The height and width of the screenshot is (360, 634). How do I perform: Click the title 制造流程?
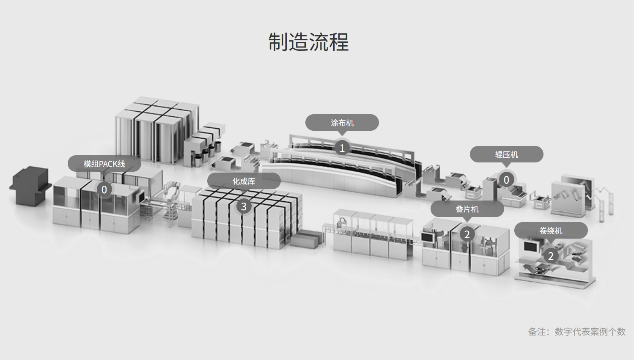(308, 42)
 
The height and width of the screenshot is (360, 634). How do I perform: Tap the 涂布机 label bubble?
(342, 123)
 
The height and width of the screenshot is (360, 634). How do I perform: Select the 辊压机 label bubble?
(506, 154)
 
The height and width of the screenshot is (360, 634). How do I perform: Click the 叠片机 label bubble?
(467, 209)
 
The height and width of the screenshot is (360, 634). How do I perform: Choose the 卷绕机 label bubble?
(551, 231)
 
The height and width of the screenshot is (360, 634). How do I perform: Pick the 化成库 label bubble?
(244, 181)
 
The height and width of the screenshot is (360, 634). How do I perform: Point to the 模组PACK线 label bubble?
(104, 164)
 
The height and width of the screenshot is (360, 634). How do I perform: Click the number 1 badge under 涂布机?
(342, 148)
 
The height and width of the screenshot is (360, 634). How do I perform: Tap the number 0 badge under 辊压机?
(506, 180)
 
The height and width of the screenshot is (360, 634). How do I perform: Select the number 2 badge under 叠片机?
(467, 234)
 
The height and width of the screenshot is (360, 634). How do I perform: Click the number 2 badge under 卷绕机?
(551, 256)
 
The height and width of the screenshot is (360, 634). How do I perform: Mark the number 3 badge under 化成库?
(244, 206)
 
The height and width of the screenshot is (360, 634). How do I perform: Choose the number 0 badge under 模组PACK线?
(104, 190)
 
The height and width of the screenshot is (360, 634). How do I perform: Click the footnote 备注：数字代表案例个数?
(576, 332)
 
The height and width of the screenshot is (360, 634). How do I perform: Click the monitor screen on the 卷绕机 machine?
(530, 246)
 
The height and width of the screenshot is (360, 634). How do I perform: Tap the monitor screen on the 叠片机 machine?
(428, 237)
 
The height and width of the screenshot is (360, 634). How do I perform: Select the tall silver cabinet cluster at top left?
(156, 129)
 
